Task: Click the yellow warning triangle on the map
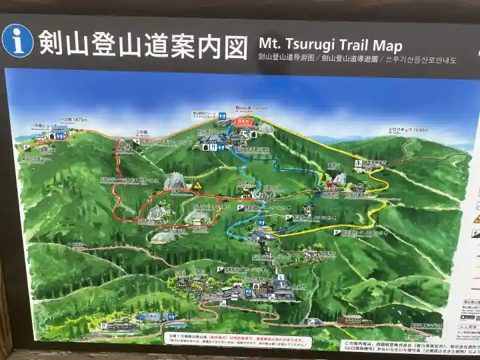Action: (x=197, y=184)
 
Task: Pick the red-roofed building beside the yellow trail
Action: (x=331, y=187)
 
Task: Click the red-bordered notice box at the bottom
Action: (x=237, y=339)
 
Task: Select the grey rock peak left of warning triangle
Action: (x=175, y=180)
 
